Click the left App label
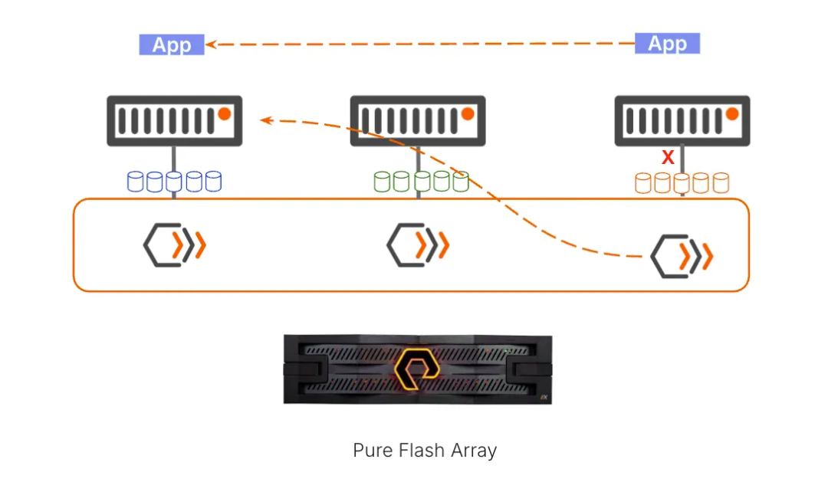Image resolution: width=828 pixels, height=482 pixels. (x=171, y=44)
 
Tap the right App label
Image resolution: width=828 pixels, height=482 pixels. (x=667, y=44)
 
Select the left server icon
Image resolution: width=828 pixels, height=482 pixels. (x=174, y=120)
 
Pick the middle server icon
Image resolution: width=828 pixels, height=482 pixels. (x=418, y=120)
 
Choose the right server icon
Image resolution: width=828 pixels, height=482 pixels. (x=682, y=120)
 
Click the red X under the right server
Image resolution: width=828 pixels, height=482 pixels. (x=668, y=158)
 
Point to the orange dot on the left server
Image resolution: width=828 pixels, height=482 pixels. (x=224, y=114)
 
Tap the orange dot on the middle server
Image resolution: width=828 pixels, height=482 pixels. (x=468, y=114)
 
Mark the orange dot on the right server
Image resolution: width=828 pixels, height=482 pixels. (x=732, y=114)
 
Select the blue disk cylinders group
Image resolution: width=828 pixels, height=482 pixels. (x=174, y=182)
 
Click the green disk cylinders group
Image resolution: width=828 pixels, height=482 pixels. (x=421, y=182)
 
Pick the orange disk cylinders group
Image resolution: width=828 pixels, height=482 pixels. (x=682, y=183)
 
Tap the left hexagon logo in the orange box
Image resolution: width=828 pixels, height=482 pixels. (x=174, y=244)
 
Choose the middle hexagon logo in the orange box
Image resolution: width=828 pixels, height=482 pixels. (x=417, y=244)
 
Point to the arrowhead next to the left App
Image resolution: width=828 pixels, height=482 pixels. (x=211, y=44)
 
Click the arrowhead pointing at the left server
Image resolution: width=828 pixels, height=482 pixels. (x=265, y=120)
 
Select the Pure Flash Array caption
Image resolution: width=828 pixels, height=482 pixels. (x=424, y=450)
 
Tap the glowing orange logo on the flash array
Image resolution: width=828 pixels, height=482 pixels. (x=417, y=369)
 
